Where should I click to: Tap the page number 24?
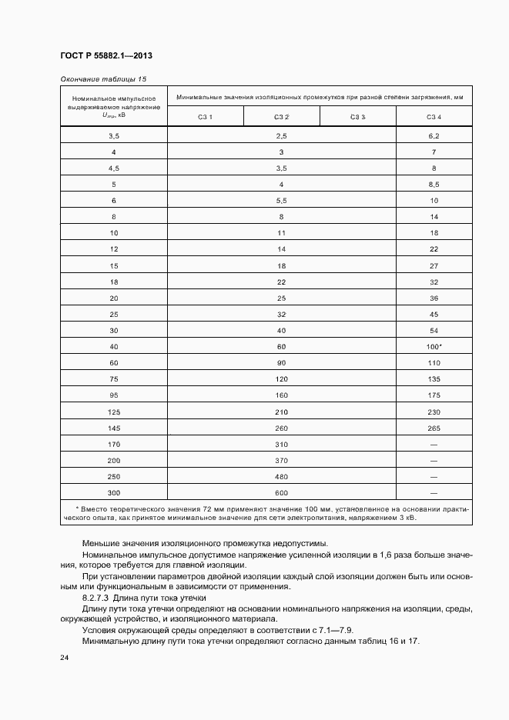pyautogui.click(x=64, y=658)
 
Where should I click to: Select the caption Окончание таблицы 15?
pyautogui.click(x=102, y=79)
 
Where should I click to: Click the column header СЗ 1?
pyautogui.click(x=205, y=116)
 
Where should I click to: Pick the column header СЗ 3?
pyautogui.click(x=357, y=116)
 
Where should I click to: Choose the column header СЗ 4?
pyautogui.click(x=434, y=116)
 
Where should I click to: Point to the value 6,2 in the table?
pyautogui.click(x=434, y=135)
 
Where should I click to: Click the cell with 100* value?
pyautogui.click(x=434, y=346)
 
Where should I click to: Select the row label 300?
pyautogui.click(x=114, y=492)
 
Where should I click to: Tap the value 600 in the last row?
pyautogui.click(x=281, y=492)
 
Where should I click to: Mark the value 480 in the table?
pyautogui.click(x=281, y=476)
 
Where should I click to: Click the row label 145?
pyautogui.click(x=114, y=428)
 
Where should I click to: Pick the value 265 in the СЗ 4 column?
pyautogui.click(x=434, y=428)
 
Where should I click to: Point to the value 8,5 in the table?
pyautogui.click(x=434, y=185)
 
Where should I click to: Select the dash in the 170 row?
pyautogui.click(x=434, y=444)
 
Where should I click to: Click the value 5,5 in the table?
pyautogui.click(x=281, y=200)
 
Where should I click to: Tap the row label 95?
pyautogui.click(x=114, y=395)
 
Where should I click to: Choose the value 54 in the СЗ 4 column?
pyautogui.click(x=434, y=330)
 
